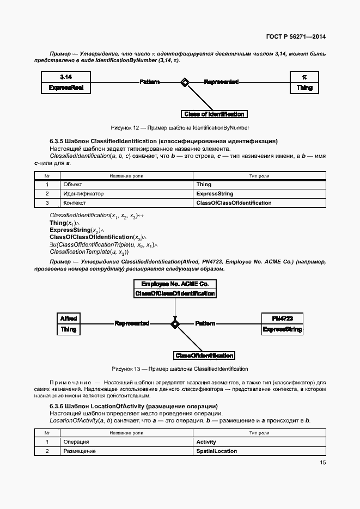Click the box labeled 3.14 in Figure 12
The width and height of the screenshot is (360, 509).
66,77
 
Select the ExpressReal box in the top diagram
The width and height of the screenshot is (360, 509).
66,87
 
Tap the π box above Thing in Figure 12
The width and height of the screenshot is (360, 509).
304,77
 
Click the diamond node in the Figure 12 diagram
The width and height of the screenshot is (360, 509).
185,82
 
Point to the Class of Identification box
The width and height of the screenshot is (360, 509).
214,114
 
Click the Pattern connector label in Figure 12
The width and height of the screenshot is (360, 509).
150,82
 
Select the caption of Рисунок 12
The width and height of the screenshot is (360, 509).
180,127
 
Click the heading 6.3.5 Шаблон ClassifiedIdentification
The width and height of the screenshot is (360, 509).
163,141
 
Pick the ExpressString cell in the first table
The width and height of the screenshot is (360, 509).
215,194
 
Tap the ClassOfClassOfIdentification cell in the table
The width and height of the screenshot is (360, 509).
234,203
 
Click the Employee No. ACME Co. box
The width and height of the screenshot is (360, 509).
175,284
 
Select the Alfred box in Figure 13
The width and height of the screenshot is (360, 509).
69,318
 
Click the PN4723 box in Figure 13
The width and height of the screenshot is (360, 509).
282,318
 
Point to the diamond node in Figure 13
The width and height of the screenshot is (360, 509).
175,324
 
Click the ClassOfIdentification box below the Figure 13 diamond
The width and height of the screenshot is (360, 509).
204,355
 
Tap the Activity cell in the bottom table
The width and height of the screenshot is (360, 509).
206,442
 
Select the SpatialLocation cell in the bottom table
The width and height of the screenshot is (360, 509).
216,451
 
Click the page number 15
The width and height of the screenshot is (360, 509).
322,463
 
